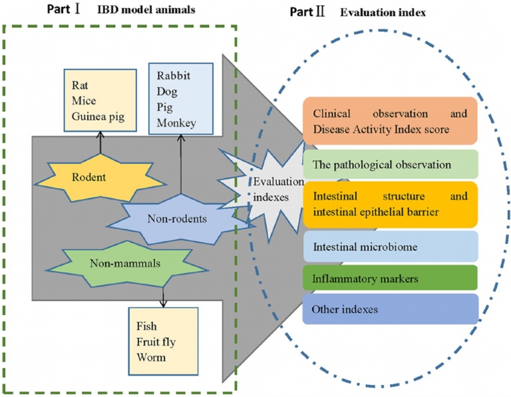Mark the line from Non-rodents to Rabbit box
tap(182, 167)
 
